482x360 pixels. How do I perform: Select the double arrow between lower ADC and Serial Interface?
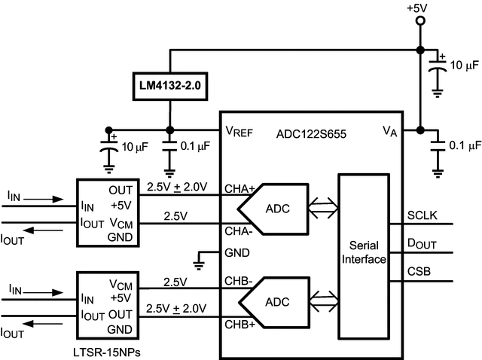pos(322,302)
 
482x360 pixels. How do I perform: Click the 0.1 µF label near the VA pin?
pos(465,144)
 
